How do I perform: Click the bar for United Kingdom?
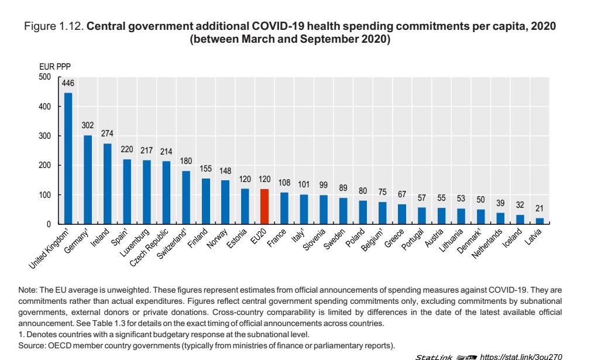click(68, 158)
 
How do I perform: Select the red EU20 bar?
click(265, 207)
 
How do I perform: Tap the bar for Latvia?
click(540, 221)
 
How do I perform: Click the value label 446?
click(68, 84)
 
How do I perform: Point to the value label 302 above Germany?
click(88, 126)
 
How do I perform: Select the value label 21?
click(540, 208)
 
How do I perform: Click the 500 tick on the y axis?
click(46, 77)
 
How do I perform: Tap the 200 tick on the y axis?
click(46, 166)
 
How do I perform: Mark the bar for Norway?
click(225, 202)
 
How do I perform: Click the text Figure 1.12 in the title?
click(54, 27)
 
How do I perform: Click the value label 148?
click(225, 171)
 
